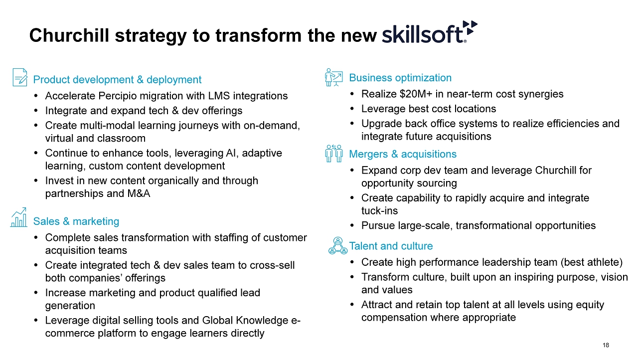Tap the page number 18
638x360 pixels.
tap(606, 345)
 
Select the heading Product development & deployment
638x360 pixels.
tap(117, 80)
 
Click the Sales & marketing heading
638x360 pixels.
tap(76, 221)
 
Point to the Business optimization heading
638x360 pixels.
tap(400, 78)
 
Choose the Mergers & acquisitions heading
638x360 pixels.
tap(403, 154)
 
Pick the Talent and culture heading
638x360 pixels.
tap(391, 246)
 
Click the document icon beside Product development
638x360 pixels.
tap(20, 77)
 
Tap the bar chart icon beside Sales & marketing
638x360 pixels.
tap(19, 217)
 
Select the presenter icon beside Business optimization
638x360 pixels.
tap(333, 77)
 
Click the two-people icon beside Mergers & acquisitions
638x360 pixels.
tap(333, 153)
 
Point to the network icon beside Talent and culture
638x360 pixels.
tap(338, 245)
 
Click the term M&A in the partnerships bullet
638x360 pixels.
tap(139, 193)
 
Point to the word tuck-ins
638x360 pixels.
tap(380, 211)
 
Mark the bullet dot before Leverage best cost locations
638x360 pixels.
tap(352, 109)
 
